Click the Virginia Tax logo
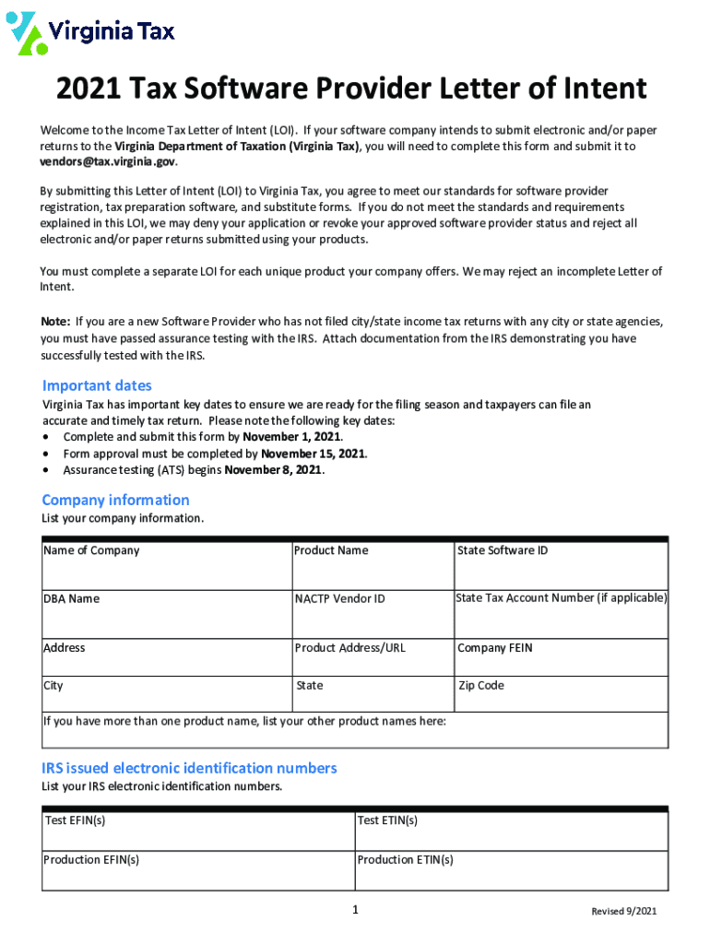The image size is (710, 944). coord(90,33)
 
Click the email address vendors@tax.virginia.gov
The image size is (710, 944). coord(107,161)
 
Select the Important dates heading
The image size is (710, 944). coord(97,385)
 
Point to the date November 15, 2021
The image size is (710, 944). coord(314,454)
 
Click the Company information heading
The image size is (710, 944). coord(115,500)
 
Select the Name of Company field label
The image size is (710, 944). coord(91,550)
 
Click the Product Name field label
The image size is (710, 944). coord(331,550)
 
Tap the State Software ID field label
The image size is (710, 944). coord(503,550)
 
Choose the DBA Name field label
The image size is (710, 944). coord(71,598)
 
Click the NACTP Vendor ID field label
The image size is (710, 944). coord(339,599)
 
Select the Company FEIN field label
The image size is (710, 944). coord(494,647)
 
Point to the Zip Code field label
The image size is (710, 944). coord(481,686)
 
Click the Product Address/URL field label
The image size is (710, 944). coord(349,647)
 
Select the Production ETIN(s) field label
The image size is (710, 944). coord(405,859)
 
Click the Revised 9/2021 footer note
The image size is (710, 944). coord(624,912)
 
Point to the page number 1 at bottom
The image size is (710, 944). coord(355,911)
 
